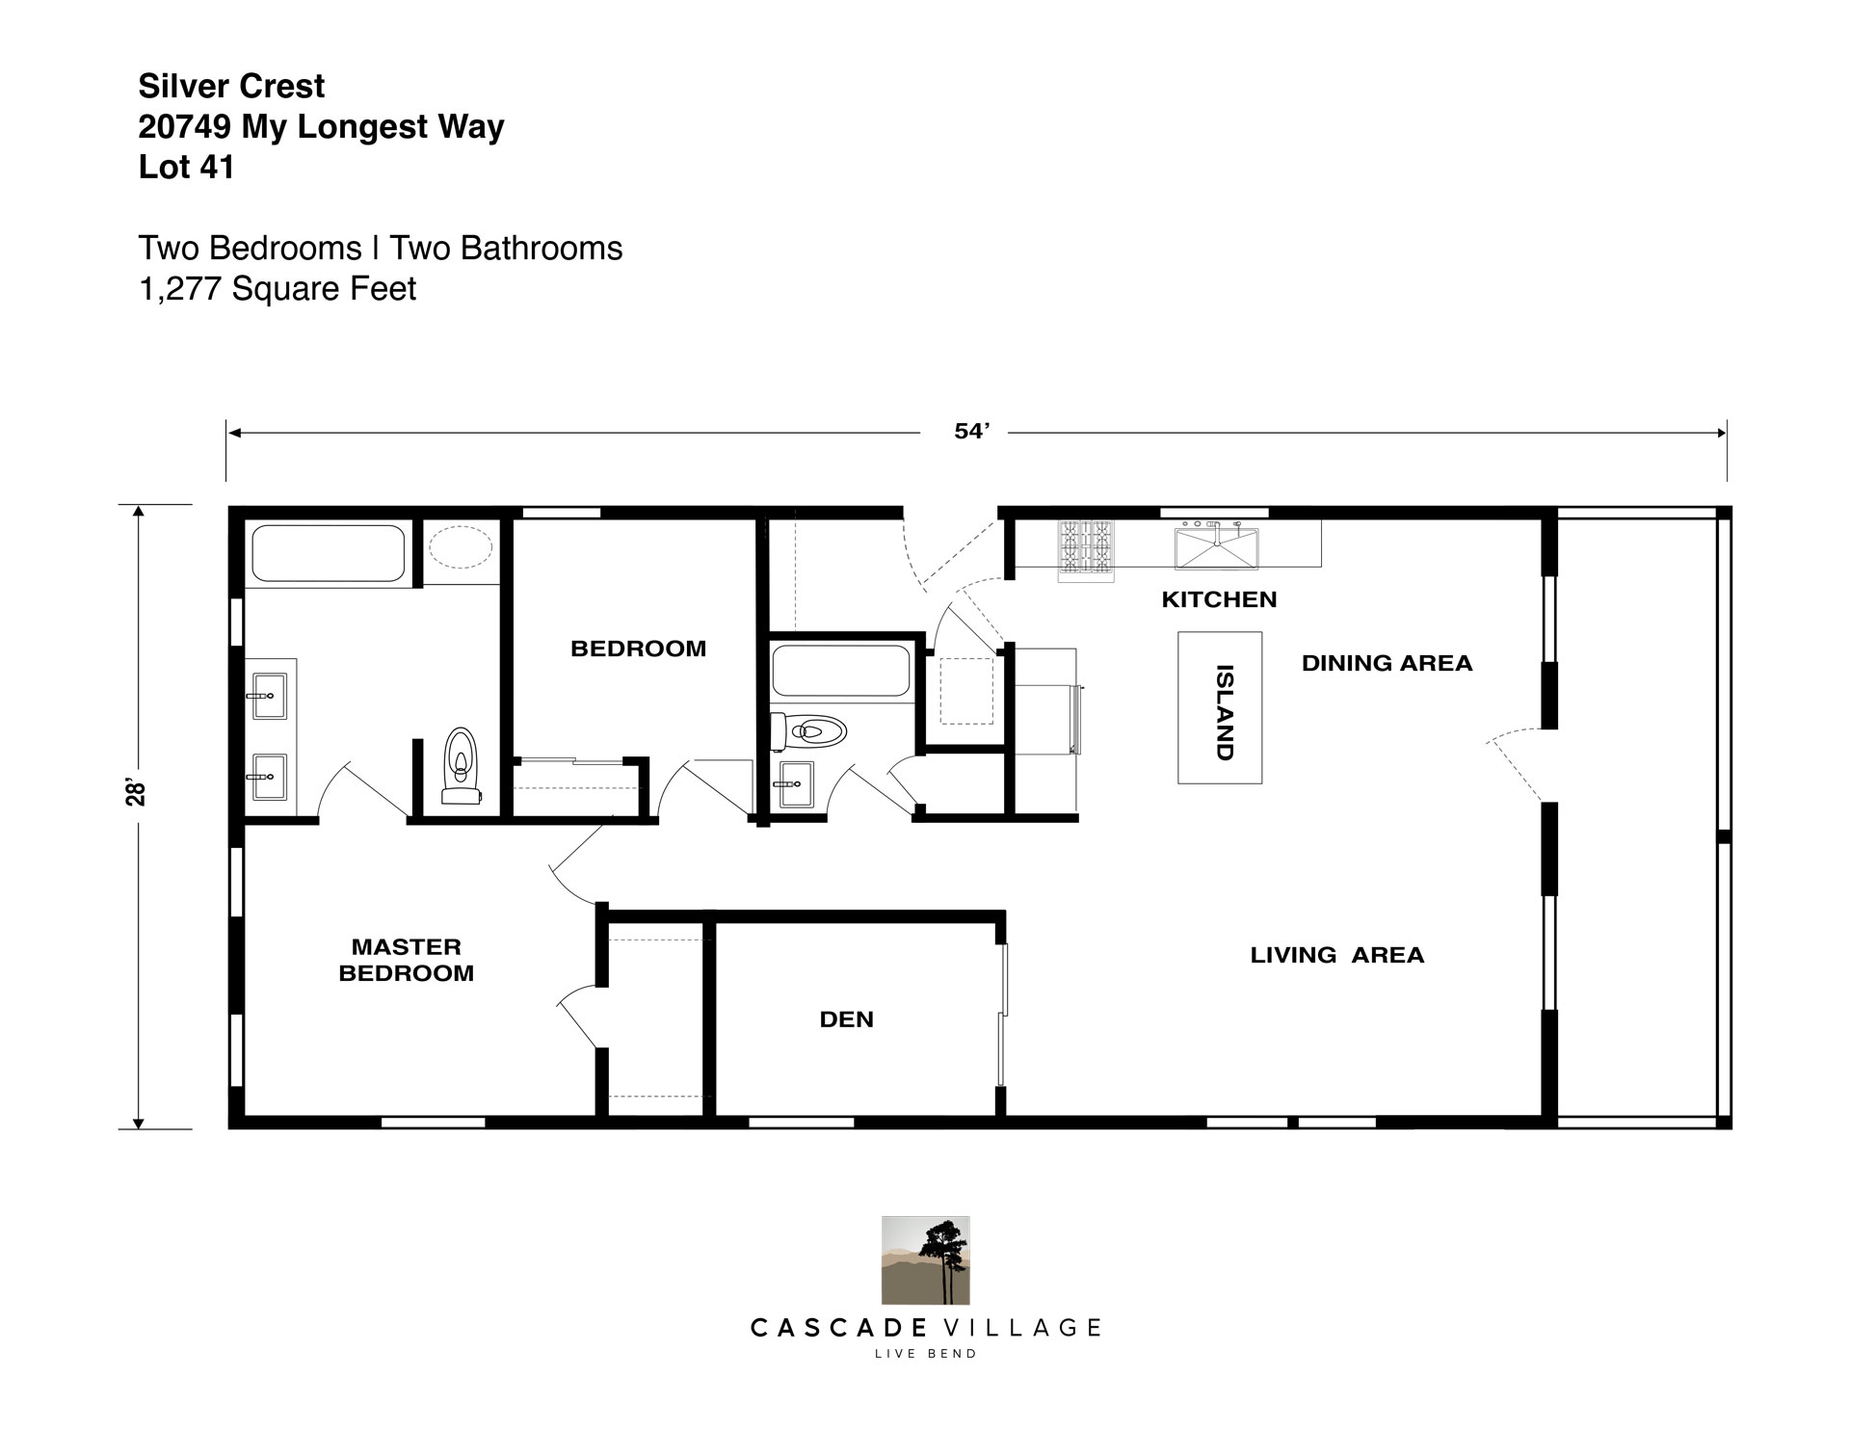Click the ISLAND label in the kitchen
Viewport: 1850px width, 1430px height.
1225,712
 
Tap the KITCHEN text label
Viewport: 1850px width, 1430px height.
1219,599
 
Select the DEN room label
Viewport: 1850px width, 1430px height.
847,1020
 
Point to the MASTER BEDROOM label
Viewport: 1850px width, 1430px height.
407,960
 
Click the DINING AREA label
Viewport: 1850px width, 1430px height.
1387,663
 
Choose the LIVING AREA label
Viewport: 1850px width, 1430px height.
1337,955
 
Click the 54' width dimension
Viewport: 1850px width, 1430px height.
972,432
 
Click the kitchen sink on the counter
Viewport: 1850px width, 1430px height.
1216,547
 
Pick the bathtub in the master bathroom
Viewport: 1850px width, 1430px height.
328,553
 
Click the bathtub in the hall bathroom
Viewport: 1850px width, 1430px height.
841,671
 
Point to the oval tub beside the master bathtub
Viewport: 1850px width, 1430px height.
461,547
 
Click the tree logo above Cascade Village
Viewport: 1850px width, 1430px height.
925,1260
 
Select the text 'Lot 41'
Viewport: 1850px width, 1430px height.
186,167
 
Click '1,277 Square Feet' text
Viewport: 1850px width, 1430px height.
277,288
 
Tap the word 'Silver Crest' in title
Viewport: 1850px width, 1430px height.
231,86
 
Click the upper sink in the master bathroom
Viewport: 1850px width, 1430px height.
269,696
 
